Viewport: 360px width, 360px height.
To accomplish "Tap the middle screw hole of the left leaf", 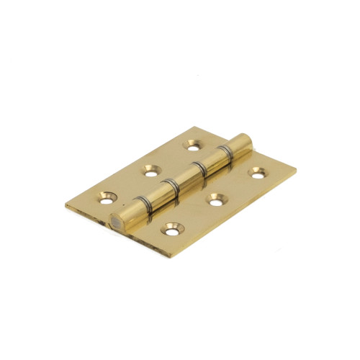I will point(150,170).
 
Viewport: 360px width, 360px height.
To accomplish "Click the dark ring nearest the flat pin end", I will point(136,206).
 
